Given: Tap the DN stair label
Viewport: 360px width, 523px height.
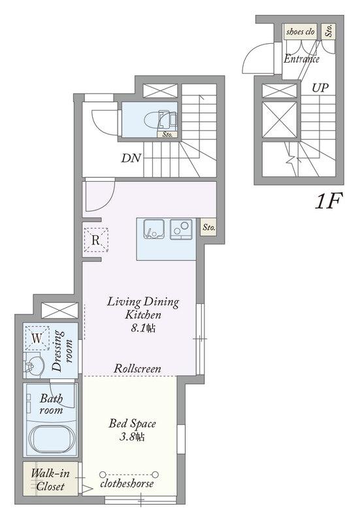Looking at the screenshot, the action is coord(131,158).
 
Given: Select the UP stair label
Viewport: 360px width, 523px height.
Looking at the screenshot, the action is coord(320,88).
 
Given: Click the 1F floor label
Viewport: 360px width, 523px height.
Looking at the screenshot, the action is coord(329,201).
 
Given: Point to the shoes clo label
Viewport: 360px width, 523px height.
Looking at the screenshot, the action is coord(301,31).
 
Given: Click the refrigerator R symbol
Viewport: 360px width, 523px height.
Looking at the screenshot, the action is coord(95,240).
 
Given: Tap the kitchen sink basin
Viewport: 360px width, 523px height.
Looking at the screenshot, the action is coord(154,229).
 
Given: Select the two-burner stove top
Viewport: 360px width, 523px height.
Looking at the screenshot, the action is coord(182,229).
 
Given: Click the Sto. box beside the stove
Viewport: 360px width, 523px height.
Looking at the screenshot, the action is coord(208,228).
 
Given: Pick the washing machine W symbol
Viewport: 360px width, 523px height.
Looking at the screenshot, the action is coord(37,338).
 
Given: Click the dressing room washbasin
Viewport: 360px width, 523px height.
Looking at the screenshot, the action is coord(34,365).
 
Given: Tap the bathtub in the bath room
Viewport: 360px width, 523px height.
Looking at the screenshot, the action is coord(52,437).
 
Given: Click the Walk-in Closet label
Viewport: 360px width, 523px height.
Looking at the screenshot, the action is coord(50,480).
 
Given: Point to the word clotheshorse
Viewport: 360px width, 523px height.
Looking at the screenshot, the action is coord(127,483).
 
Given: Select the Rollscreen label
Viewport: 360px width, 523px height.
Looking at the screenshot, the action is coord(137,369).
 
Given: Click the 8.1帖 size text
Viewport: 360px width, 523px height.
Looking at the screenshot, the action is coord(143,328).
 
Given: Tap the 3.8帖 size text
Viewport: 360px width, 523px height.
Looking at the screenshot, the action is coord(132,437).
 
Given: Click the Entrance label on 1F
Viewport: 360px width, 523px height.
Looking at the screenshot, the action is coord(301,59).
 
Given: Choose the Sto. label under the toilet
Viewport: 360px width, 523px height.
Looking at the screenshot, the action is coord(167,135).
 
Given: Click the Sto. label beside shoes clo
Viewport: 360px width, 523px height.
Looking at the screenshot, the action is coord(329,31).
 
